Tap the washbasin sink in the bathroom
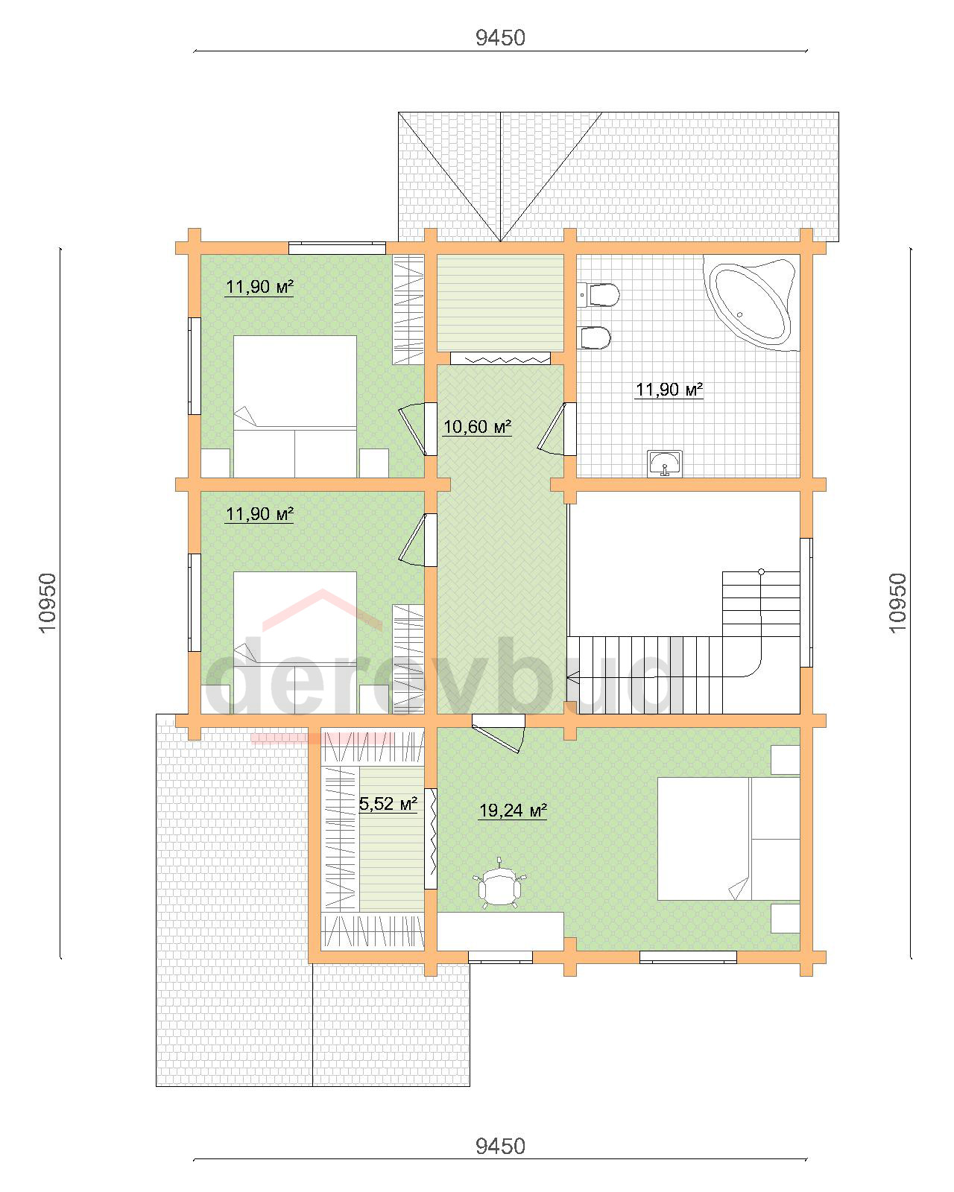[665, 463]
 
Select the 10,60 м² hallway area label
[477, 427]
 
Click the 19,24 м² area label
[513, 811]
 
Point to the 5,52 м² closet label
[388, 804]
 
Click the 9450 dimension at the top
[500, 38]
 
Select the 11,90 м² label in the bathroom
[669, 390]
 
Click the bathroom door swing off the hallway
[552, 428]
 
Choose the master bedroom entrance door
[499, 732]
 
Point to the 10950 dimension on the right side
[897, 602]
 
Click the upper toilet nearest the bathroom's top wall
[598, 295]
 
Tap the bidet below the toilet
[594, 337]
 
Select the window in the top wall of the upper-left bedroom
[337, 247]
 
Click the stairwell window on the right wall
[806, 602]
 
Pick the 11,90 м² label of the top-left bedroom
[259, 287]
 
